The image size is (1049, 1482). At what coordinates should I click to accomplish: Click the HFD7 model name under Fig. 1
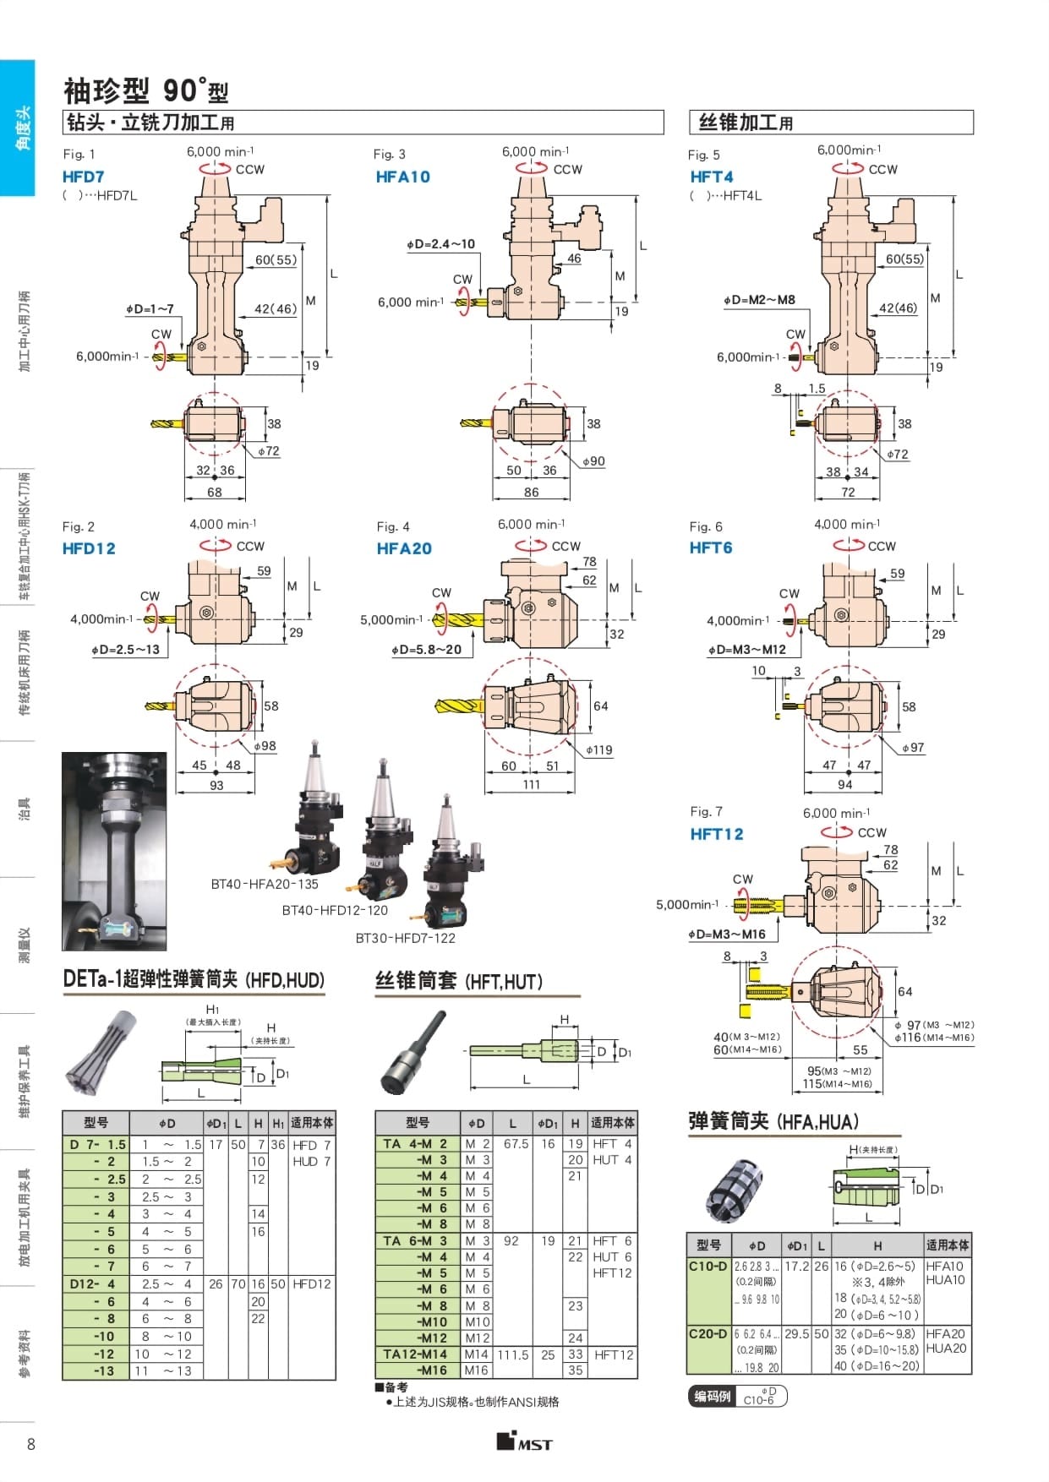(x=84, y=177)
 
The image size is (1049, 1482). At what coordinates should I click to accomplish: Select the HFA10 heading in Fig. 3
(x=403, y=177)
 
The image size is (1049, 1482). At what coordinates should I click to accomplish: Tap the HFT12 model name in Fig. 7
(x=717, y=834)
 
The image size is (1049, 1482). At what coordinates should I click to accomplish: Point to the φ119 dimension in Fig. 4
(x=599, y=749)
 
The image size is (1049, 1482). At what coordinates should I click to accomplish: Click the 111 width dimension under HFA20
(x=531, y=784)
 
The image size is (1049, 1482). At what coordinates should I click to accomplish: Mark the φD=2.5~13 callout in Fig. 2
(x=125, y=650)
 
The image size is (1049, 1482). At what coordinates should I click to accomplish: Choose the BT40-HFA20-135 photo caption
(x=265, y=884)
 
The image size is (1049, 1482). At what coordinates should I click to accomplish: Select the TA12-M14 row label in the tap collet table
(x=414, y=1354)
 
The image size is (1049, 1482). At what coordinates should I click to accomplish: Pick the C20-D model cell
(x=708, y=1333)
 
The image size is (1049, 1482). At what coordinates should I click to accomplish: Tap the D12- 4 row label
(x=93, y=1283)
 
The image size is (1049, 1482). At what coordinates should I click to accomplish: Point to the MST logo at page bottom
(x=524, y=1441)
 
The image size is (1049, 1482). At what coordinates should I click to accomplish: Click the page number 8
(x=31, y=1443)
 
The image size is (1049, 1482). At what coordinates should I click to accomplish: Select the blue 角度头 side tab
(x=18, y=128)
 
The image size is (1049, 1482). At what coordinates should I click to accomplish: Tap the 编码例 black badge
(x=712, y=1397)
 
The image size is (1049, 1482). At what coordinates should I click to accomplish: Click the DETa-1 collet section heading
(x=194, y=980)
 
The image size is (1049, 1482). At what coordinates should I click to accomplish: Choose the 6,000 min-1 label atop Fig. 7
(x=836, y=813)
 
